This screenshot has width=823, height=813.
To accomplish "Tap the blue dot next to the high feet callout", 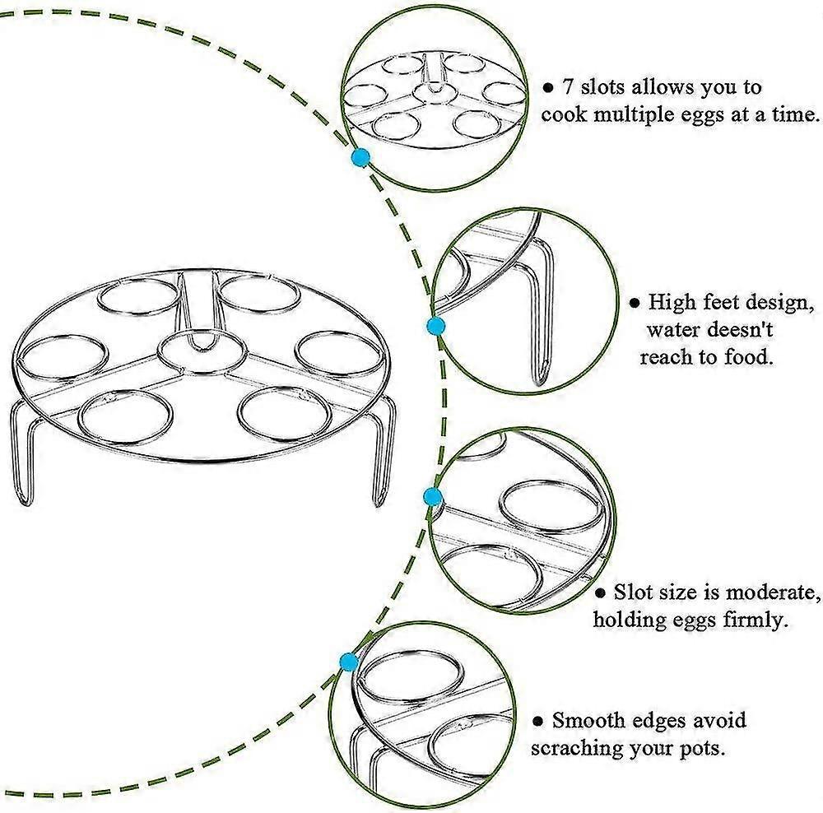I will tap(436, 327).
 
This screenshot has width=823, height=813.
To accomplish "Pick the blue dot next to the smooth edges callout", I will tap(349, 661).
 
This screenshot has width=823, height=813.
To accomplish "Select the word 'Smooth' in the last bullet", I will tap(588, 722).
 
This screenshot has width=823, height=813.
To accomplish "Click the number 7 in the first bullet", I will tap(568, 87).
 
